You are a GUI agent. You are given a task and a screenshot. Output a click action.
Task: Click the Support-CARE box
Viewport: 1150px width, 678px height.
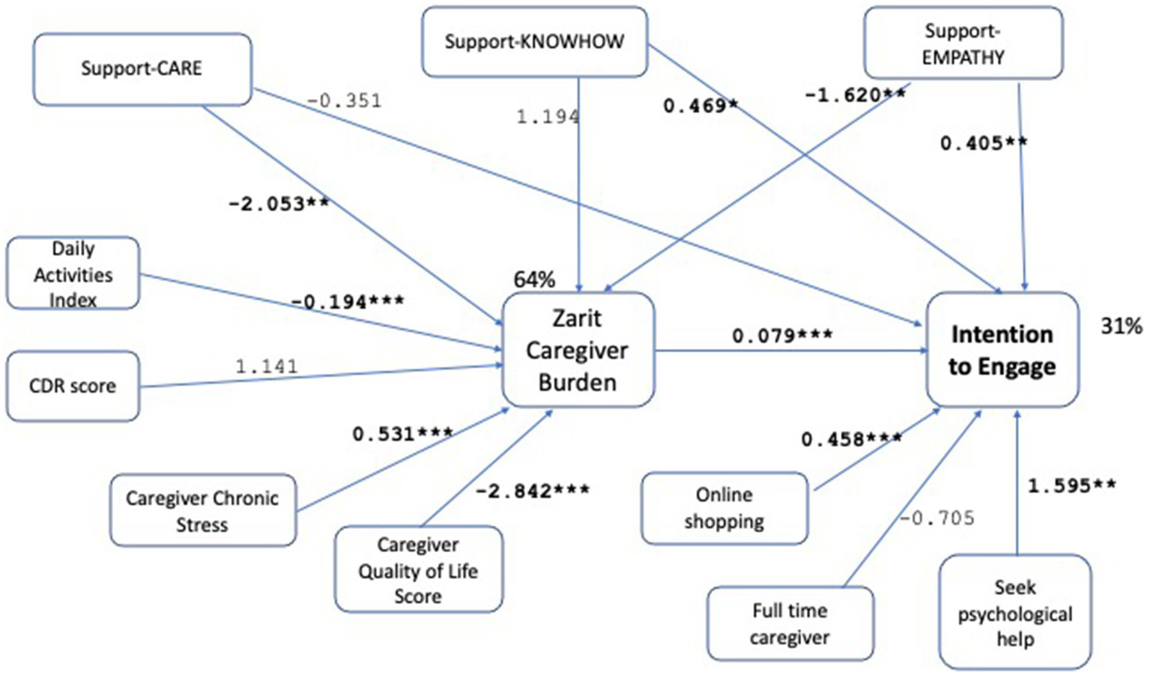(x=142, y=69)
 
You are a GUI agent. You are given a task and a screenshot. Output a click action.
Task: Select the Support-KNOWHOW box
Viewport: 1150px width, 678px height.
(x=534, y=42)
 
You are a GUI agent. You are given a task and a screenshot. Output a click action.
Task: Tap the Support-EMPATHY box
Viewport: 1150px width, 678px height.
(x=963, y=43)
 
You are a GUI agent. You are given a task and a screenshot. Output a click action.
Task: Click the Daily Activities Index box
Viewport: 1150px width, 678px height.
(x=73, y=273)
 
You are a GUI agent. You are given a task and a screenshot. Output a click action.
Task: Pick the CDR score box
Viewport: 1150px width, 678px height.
(x=73, y=386)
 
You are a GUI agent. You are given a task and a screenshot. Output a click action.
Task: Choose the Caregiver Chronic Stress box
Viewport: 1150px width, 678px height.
(x=202, y=510)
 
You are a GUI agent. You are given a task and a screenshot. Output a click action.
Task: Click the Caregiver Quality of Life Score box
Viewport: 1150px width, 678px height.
(x=418, y=569)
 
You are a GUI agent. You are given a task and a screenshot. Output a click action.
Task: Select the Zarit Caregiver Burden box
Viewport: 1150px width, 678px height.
(x=578, y=350)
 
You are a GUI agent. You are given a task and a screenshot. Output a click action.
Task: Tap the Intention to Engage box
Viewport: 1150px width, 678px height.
(x=1002, y=350)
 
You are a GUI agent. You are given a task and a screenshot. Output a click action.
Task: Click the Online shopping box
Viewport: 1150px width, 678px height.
(x=724, y=508)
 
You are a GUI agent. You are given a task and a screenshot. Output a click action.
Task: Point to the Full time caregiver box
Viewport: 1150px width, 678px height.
(x=790, y=623)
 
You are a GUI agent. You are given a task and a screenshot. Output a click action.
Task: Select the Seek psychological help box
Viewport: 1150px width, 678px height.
(x=1014, y=612)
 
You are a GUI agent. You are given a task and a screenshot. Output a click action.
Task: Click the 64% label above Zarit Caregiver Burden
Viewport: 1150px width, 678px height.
(x=534, y=279)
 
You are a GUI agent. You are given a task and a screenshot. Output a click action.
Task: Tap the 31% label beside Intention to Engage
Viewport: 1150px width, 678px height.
(x=1121, y=326)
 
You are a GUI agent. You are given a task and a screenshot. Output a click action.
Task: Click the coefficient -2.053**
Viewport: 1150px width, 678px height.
(x=279, y=204)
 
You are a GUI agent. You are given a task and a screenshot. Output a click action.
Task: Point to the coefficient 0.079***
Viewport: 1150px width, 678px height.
(x=782, y=336)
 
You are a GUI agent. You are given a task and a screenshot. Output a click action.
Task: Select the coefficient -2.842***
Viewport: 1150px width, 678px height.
(x=533, y=491)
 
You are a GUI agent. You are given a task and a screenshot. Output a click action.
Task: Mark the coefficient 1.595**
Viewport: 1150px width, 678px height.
(x=1071, y=486)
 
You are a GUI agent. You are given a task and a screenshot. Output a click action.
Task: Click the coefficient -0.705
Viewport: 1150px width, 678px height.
(x=937, y=518)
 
